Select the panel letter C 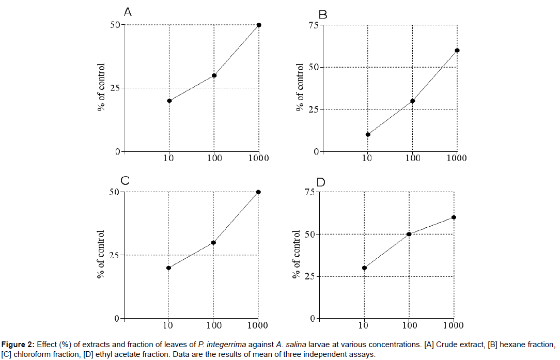(x=125, y=181)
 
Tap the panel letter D (x=321, y=182)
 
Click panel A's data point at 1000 (x=259, y=25)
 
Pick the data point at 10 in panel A (x=169, y=101)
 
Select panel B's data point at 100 (x=412, y=101)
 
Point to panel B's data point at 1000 (x=457, y=50)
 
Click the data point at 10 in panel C (x=168, y=268)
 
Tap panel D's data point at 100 (x=409, y=234)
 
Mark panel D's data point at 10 (x=364, y=268)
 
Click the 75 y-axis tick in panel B (x=313, y=25)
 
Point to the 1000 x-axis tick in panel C (x=257, y=325)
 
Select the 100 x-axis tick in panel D (x=409, y=325)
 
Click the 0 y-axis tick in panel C (x=117, y=319)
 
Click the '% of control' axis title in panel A (x=102, y=88)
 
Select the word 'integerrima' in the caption (x=222, y=345)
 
